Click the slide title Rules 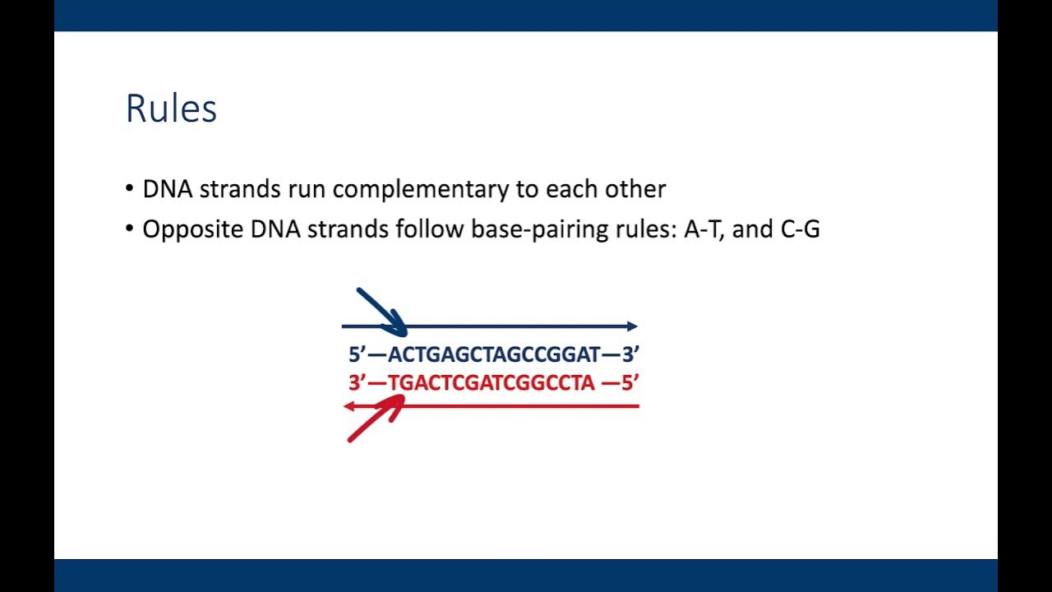click(x=171, y=109)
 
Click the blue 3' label click(x=630, y=355)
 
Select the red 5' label click(x=630, y=383)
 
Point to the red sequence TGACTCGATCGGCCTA click(x=491, y=383)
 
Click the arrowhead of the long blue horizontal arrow click(x=632, y=326)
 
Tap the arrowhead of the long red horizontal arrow click(x=348, y=406)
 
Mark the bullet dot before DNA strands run click(x=130, y=189)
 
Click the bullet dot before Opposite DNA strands click(x=130, y=229)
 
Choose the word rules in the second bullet click(x=650, y=229)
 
